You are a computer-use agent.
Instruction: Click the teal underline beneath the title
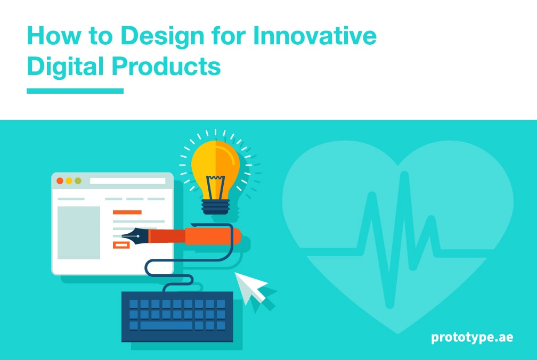[x=75, y=91]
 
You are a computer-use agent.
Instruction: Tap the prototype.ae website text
[x=472, y=337]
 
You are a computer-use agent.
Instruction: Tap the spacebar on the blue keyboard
[x=166, y=325]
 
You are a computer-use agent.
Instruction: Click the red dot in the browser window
[x=60, y=181]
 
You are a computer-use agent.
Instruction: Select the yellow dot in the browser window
[x=69, y=181]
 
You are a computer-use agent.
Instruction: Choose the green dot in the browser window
[x=78, y=181]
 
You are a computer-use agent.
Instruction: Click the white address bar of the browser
[x=127, y=181]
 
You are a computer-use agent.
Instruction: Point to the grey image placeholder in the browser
[x=79, y=232]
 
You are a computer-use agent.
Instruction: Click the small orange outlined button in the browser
[x=121, y=245]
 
